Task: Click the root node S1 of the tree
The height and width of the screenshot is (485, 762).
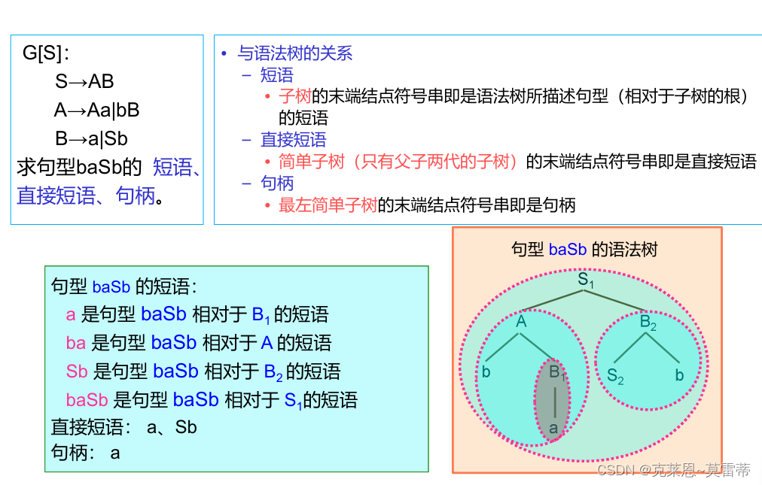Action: pos(586,281)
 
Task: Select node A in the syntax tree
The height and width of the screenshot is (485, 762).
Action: pos(521,322)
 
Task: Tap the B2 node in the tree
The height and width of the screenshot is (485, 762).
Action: pos(648,322)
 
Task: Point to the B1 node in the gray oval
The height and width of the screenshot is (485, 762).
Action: pos(557,371)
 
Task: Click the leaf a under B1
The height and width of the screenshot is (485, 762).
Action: pos(554,428)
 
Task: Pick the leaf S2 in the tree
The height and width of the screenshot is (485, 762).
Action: pos(615,376)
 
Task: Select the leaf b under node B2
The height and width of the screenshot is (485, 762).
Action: pos(679,374)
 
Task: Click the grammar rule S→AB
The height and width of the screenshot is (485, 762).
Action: pos(84,81)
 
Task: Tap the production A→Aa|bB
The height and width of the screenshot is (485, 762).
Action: pos(96,110)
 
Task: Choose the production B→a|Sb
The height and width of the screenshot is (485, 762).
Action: pos(91,138)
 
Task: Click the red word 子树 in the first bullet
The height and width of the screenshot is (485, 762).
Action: pos(294,96)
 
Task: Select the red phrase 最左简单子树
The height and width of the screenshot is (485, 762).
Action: pos(328,205)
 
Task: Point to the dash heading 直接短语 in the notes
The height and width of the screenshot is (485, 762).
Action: pos(293,140)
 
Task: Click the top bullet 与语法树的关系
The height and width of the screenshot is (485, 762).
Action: pos(294,53)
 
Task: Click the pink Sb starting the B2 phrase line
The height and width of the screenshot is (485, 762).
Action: pos(77,371)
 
